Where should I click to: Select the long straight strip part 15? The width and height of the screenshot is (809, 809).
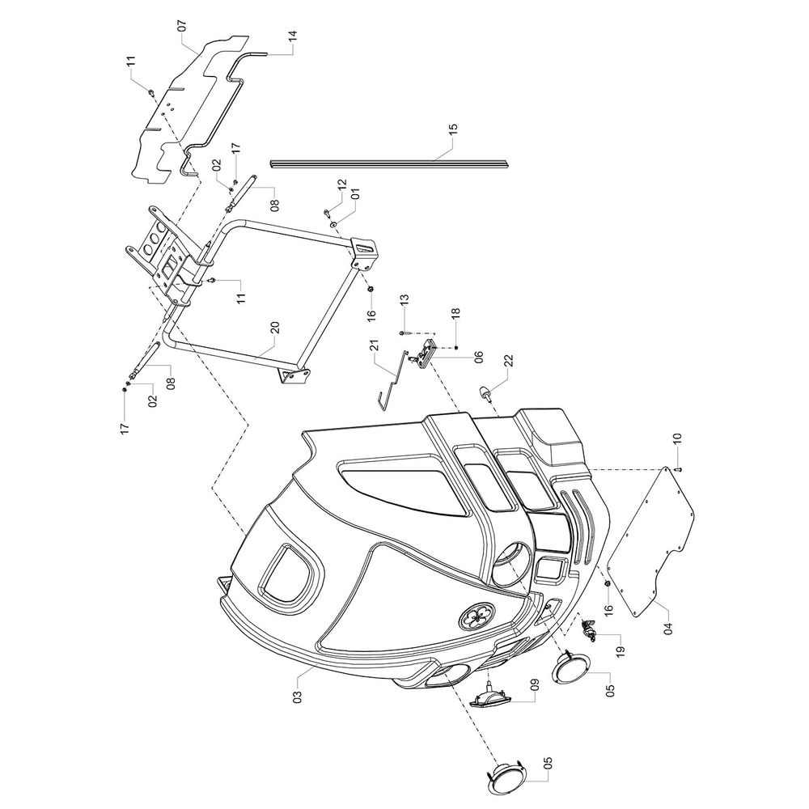point(389,163)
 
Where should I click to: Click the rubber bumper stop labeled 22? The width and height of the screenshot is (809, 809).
point(485,392)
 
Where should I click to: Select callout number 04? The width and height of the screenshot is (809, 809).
point(668,629)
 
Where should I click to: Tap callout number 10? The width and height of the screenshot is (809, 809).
point(677,439)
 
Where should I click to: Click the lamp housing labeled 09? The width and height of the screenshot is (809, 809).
point(489,696)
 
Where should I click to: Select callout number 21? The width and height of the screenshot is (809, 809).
point(375,345)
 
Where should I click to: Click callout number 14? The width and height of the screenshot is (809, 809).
point(293,36)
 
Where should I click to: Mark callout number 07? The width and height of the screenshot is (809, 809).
point(181,26)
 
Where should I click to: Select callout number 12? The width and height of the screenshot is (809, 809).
point(342,185)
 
